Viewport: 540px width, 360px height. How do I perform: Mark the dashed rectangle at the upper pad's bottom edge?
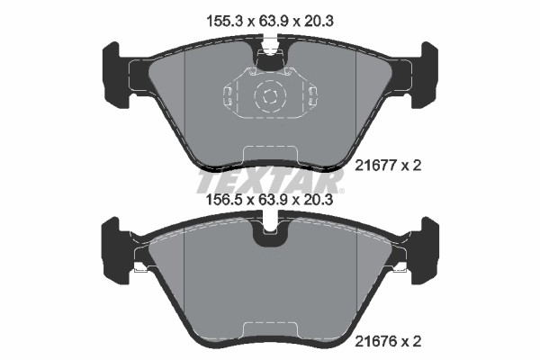(x=268, y=155)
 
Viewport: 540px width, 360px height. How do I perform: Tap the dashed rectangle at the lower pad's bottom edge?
(x=268, y=329)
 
